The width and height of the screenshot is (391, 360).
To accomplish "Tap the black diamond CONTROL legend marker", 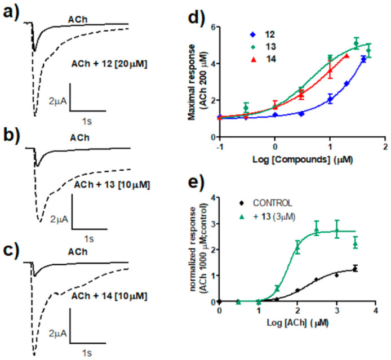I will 241,202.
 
